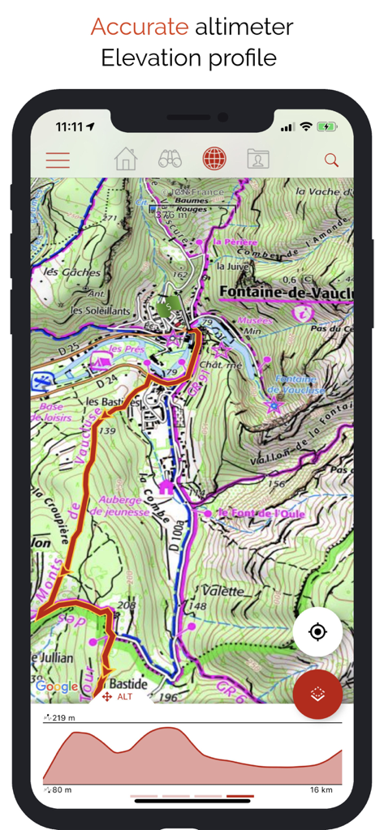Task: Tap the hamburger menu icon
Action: click(x=58, y=160)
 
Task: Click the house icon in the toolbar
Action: click(x=126, y=159)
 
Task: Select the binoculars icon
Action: click(x=170, y=159)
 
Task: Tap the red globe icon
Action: click(x=214, y=159)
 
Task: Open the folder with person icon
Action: click(x=257, y=159)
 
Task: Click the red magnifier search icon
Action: click(x=331, y=160)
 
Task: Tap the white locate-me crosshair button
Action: click(x=317, y=631)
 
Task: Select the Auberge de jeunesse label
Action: click(x=121, y=506)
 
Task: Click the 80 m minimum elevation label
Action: click(x=58, y=789)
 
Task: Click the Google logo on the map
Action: click(x=57, y=687)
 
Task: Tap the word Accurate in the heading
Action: click(x=139, y=28)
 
